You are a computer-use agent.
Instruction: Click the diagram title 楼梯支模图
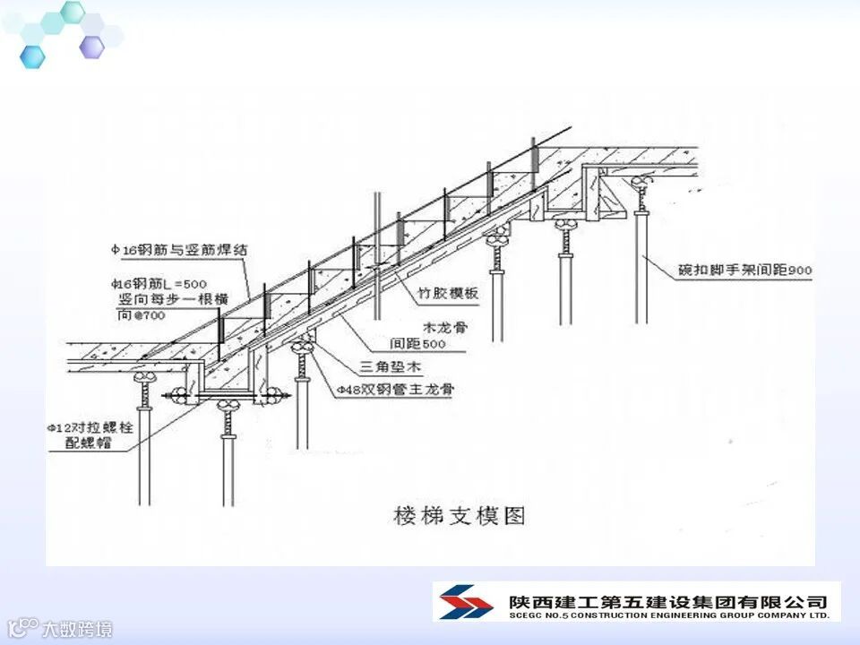pos(459,516)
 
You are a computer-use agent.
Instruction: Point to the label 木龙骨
pos(444,327)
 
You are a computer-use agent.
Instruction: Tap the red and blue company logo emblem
pos(462,601)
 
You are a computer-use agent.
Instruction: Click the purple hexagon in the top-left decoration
pos(91,47)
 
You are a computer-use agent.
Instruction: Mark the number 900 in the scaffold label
pos(801,269)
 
